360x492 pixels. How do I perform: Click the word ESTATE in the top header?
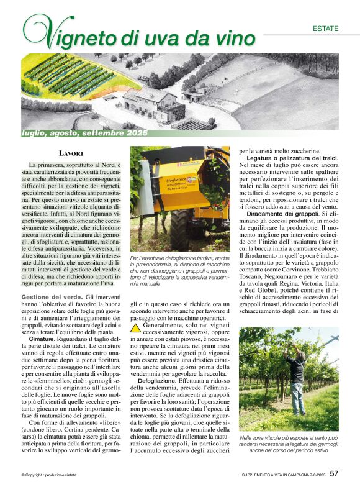click(325, 29)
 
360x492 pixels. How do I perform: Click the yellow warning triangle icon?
click(136, 327)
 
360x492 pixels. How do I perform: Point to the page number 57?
click(334, 474)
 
